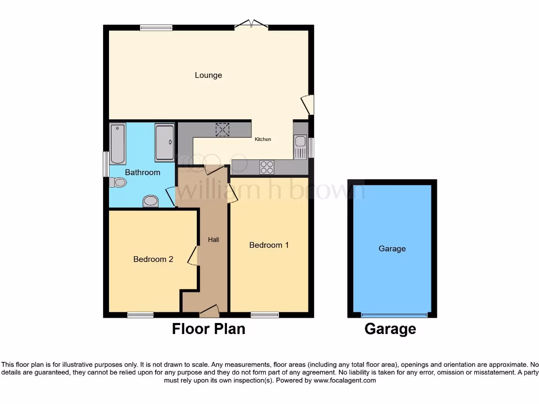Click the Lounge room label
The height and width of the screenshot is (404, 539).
208,75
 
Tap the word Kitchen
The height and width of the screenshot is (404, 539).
263,139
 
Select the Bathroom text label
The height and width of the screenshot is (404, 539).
142,172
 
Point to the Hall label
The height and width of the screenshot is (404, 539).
213,240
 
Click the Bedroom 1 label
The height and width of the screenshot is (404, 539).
268,245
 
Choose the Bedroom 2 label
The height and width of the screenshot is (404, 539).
153,259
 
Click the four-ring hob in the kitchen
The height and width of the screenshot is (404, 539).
267,167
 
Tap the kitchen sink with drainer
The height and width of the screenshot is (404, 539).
300,146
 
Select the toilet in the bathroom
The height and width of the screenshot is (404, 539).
118,183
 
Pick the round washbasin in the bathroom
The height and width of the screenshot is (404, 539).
151,201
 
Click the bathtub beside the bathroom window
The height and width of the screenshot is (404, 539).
117,143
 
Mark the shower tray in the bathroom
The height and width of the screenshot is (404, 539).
164,143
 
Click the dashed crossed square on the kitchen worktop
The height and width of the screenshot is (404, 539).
222,129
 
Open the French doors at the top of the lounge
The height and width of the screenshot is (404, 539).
251,24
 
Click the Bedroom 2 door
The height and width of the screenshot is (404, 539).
194,257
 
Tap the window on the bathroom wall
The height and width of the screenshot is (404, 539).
105,164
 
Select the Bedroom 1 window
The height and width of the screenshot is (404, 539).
265,315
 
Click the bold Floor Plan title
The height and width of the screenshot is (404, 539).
208,329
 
